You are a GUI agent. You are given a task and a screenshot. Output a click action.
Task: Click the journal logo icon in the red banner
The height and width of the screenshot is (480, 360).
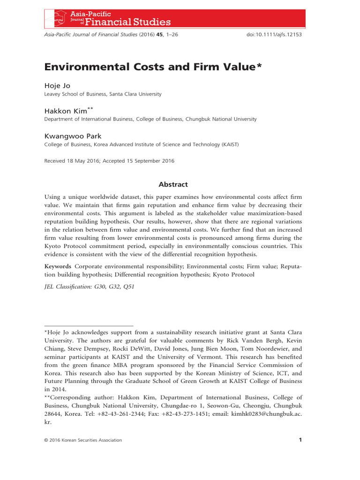pyautogui.click(x=55, y=18)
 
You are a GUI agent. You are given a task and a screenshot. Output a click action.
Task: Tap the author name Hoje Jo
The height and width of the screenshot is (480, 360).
pyautogui.click(x=57, y=86)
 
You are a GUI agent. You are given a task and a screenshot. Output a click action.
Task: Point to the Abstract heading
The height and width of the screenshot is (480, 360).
pyautogui.click(x=173, y=185)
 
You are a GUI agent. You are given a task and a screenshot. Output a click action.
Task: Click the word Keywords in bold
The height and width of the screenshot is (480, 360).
pyautogui.click(x=57, y=266)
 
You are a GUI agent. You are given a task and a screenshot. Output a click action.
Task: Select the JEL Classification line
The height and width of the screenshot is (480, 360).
pyautogui.click(x=89, y=286)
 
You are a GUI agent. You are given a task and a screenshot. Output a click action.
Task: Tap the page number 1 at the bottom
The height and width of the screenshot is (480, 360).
pyautogui.click(x=300, y=440)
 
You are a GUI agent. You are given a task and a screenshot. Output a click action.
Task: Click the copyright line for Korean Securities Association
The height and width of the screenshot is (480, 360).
pyautogui.click(x=83, y=440)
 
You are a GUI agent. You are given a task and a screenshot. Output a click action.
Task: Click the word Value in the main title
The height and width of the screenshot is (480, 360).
pyautogui.click(x=236, y=67)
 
